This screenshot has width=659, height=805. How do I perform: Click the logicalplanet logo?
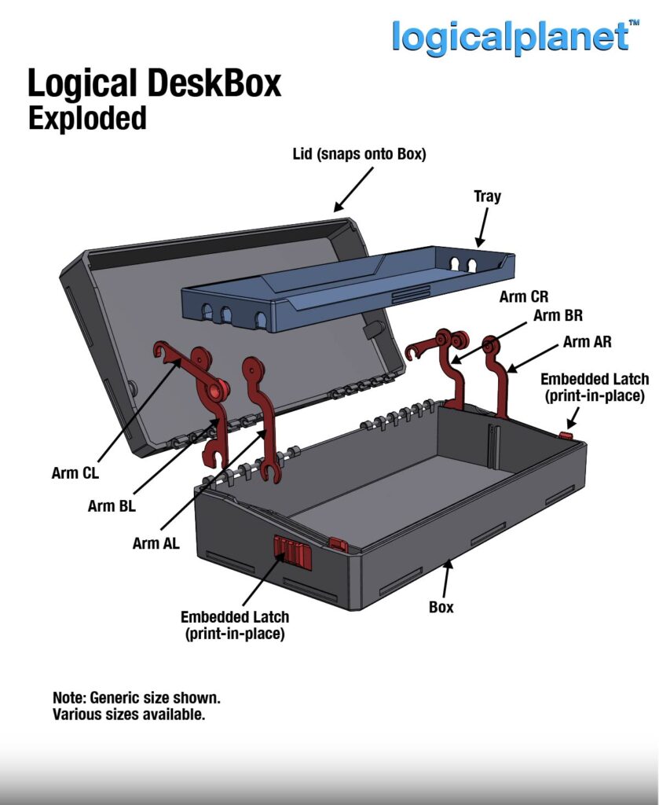tap(511, 37)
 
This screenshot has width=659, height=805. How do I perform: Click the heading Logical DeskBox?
tap(154, 83)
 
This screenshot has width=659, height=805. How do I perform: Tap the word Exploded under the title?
tap(87, 118)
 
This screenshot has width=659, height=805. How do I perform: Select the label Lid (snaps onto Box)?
tap(359, 154)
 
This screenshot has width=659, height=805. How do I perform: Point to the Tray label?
tap(487, 197)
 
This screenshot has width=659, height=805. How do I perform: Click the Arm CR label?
tap(524, 297)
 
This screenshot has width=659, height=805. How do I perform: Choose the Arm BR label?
tap(558, 316)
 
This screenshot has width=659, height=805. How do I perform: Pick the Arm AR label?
tap(587, 342)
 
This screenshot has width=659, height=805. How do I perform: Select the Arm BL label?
tap(112, 506)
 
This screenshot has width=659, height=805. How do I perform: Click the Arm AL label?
tap(156, 542)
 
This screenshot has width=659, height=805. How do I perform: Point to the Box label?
tap(441, 607)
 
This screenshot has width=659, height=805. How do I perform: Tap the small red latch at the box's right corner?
tap(566, 435)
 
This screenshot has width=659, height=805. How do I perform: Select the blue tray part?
tap(346, 287)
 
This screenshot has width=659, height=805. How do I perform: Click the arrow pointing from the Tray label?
tap(480, 229)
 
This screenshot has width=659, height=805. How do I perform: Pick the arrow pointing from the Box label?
tap(447, 579)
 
